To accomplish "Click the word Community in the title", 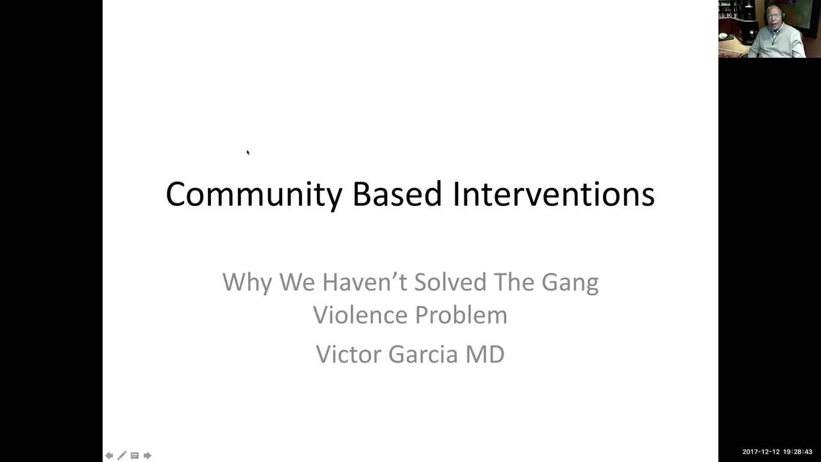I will [x=251, y=194].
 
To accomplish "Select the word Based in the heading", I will [x=396, y=194].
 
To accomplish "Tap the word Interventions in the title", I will [x=553, y=194].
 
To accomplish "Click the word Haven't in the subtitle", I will [x=364, y=282].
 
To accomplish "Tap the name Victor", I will [x=349, y=354].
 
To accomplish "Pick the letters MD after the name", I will [x=484, y=354].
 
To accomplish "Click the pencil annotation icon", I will [x=122, y=456].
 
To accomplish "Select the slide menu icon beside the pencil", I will [x=135, y=456].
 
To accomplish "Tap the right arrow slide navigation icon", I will [x=148, y=456].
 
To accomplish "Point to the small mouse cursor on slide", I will [x=248, y=152].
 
